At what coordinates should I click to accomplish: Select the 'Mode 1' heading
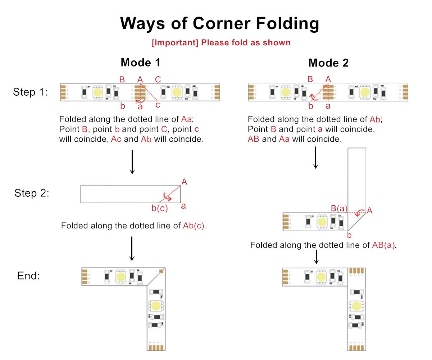pyautogui.click(x=140, y=63)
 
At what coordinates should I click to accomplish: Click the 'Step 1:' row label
pyautogui.click(x=30, y=92)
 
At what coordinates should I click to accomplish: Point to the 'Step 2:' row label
pyautogui.click(x=32, y=193)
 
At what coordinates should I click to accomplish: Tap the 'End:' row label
pyautogui.click(x=28, y=276)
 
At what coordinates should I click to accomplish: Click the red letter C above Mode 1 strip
pyautogui.click(x=158, y=79)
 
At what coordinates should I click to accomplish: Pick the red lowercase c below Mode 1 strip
pyautogui.click(x=158, y=105)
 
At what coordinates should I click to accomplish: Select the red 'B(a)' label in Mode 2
pyautogui.click(x=339, y=208)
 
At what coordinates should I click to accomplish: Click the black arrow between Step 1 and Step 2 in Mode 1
pyautogui.click(x=132, y=162)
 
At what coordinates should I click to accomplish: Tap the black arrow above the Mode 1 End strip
pyautogui.click(x=132, y=248)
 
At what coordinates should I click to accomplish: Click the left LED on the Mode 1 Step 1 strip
pyautogui.click(x=97, y=92)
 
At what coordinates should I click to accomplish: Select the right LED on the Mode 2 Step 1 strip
pyautogui.click(x=365, y=92)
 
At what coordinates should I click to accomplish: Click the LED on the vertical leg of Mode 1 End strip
pyautogui.click(x=156, y=306)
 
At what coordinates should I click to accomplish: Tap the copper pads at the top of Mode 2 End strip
pyautogui.click(x=356, y=270)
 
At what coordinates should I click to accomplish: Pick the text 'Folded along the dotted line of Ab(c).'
pyautogui.click(x=135, y=226)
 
